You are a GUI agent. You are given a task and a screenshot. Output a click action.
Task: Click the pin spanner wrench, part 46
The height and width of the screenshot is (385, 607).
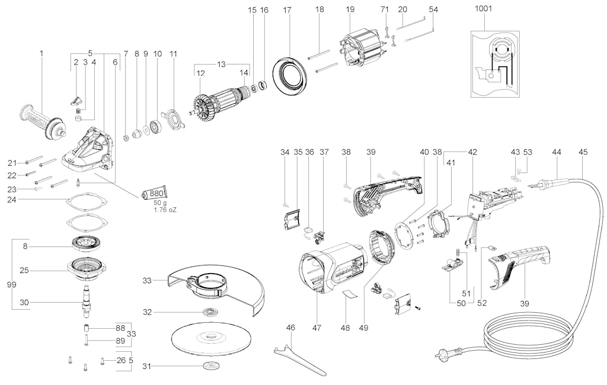[x=296, y=358]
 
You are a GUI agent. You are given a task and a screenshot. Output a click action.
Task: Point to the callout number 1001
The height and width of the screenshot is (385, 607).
[x=484, y=9]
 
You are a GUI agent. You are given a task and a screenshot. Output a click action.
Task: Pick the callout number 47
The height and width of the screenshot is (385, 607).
[x=317, y=326]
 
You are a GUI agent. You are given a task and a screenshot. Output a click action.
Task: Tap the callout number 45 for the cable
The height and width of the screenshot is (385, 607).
[x=583, y=152]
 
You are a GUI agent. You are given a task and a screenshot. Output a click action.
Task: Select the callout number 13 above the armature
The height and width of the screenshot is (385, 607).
[x=221, y=63]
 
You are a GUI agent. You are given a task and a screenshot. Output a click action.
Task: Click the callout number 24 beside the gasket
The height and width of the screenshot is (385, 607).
[x=12, y=200]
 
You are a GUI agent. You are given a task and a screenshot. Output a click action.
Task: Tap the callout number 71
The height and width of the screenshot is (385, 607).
[x=385, y=9]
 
